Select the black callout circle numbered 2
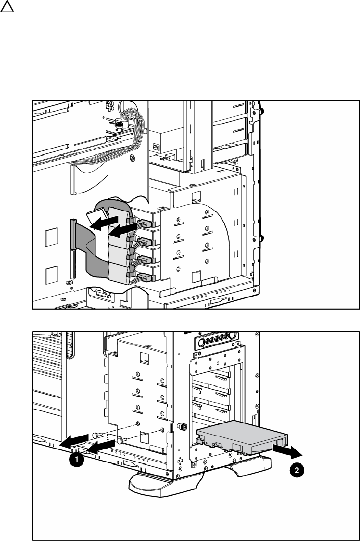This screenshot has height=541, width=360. (298, 471)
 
